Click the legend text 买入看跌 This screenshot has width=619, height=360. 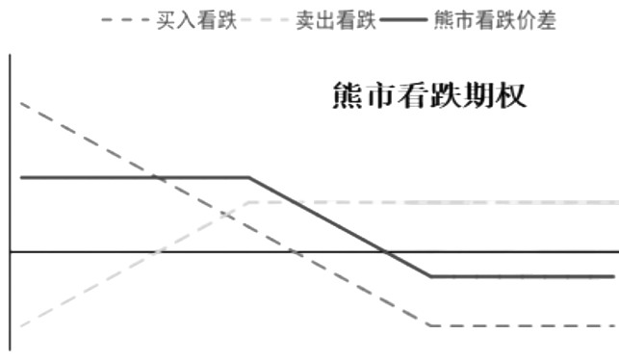[196, 19]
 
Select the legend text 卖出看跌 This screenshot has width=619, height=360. [335, 19]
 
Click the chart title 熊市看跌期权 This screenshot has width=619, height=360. [428, 98]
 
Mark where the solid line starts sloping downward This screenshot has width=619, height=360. [249, 177]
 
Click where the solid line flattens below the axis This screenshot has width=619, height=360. [429, 276]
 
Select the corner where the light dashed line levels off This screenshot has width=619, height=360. [249, 202]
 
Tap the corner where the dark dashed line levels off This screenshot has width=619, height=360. [429, 325]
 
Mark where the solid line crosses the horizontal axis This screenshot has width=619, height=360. [385, 251]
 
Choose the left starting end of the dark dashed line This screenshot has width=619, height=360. [20, 102]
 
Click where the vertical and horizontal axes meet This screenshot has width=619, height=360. [11, 251]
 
